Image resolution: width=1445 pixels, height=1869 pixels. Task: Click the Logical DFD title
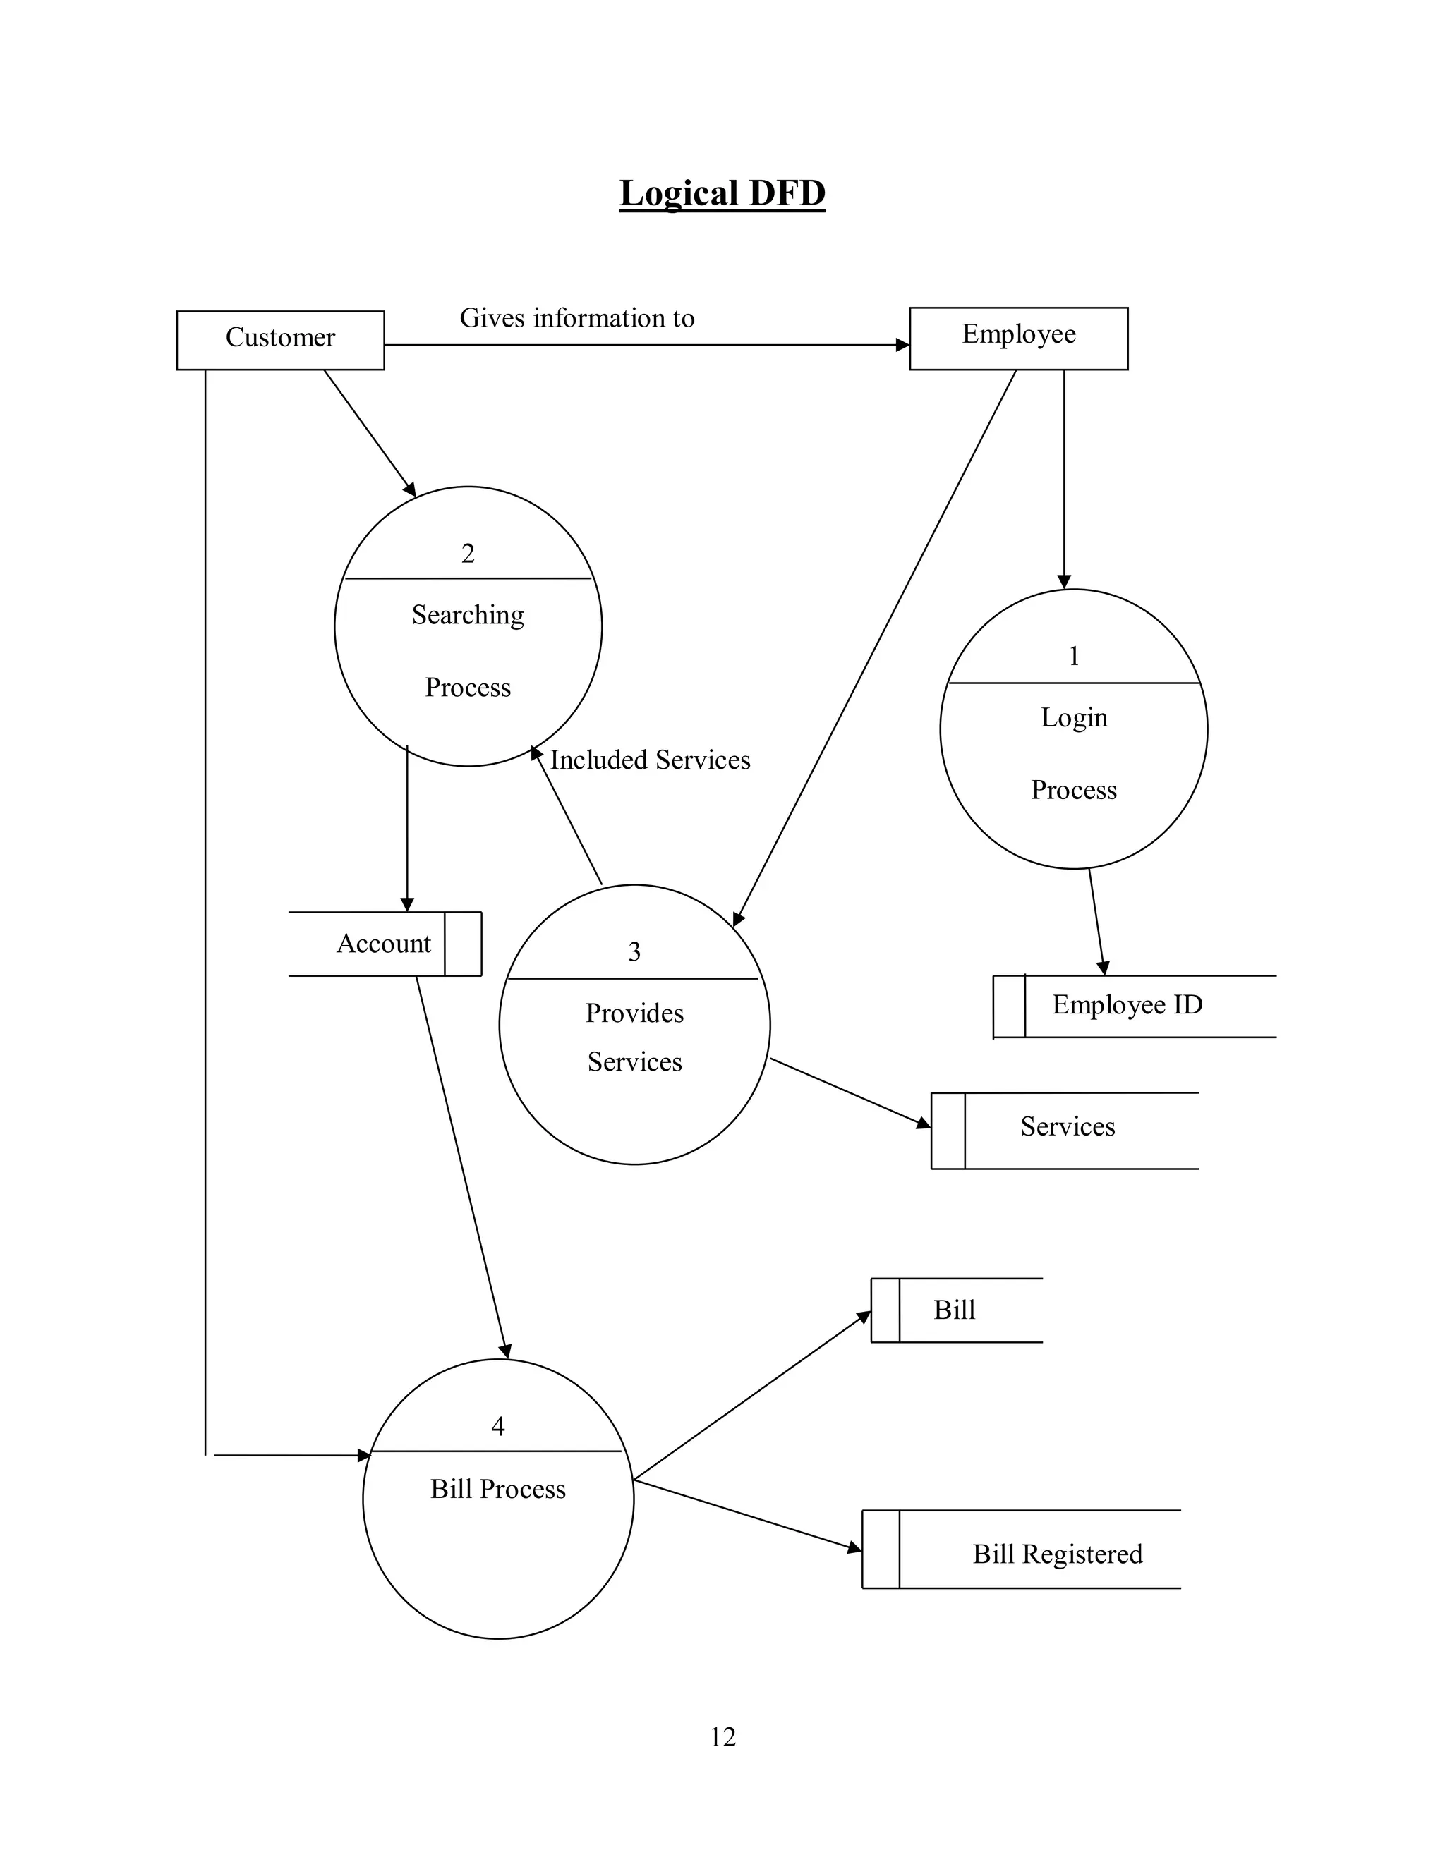pos(722,193)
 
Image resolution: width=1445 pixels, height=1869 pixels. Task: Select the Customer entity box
pos(280,339)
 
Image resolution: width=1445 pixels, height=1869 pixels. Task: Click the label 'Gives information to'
pos(577,318)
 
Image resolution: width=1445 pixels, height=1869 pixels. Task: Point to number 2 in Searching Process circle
pos(467,554)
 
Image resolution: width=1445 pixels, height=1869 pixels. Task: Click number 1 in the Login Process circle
pos(1073,657)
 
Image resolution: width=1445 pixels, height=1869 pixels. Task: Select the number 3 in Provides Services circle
pos(634,951)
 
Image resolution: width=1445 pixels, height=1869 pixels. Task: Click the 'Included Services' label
pos(650,760)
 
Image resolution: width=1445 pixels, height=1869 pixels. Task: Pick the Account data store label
pos(384,944)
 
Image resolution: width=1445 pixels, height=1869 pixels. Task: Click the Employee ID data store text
pos(1127,1004)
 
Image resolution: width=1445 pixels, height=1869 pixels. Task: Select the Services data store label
pos(1067,1127)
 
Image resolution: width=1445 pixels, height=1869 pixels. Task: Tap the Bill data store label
pos(954,1310)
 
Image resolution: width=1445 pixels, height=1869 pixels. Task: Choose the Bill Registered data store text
pos(1056,1554)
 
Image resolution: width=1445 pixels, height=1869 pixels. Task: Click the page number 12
pos(722,1736)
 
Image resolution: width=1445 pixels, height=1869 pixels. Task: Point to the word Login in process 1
pos(1073,717)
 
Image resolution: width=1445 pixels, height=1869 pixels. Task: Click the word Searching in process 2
pos(467,614)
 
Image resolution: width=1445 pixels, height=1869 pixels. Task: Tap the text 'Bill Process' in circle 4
pos(497,1489)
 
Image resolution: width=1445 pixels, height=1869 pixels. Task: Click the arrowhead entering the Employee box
pos(903,345)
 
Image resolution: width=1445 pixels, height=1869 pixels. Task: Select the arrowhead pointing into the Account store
pos(408,905)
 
